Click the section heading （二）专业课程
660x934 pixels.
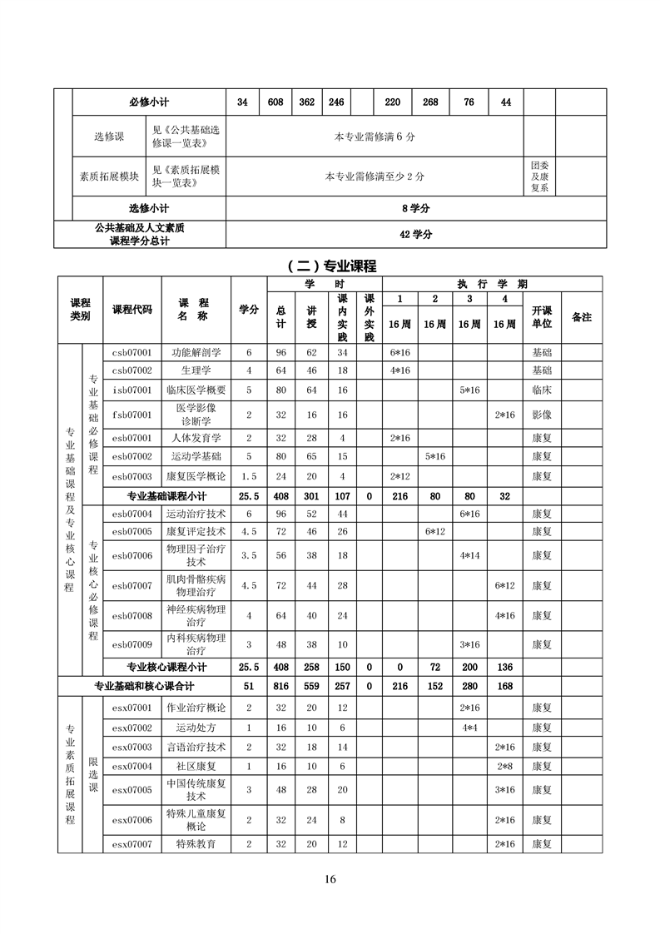coord(331,266)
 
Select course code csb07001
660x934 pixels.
coord(132,352)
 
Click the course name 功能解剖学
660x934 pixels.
coord(197,352)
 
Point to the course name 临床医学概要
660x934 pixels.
coord(197,390)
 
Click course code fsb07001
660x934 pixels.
coord(132,414)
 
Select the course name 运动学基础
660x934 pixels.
coord(197,456)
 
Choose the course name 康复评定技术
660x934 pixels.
coord(197,531)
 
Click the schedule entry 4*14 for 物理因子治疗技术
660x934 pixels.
coord(469,555)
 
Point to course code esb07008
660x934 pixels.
coord(132,615)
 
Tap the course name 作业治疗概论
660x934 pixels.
coord(197,708)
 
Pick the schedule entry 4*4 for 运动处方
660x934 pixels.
coord(469,728)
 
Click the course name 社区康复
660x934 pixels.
coord(197,766)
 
